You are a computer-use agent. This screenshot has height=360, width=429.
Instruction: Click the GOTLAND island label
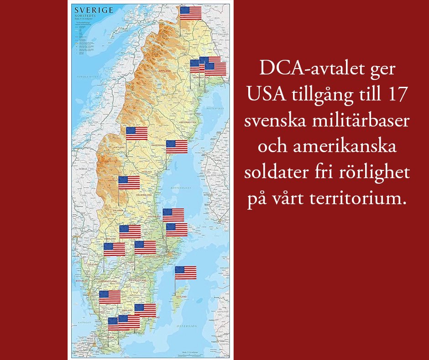point(181,297)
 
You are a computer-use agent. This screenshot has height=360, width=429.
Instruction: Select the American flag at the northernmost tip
point(191,13)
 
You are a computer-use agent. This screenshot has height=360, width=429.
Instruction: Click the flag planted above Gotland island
point(186,272)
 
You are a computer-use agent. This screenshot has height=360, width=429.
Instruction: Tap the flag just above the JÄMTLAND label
point(136,133)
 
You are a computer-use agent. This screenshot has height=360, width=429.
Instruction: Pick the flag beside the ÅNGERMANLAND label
point(177,147)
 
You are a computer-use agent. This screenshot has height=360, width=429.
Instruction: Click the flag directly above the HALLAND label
point(110,297)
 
